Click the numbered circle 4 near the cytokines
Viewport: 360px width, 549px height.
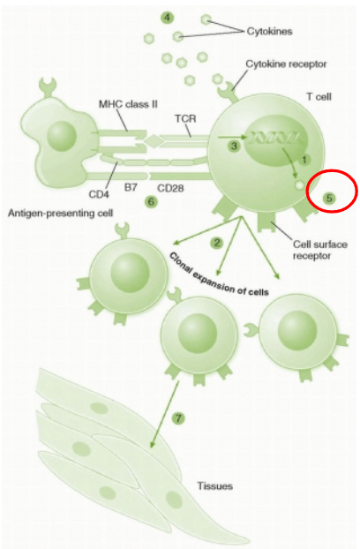coord(168,18)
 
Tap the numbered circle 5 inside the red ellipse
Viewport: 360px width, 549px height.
coord(329,198)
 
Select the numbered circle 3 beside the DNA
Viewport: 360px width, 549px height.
coord(235,146)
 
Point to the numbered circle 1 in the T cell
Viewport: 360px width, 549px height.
coord(304,160)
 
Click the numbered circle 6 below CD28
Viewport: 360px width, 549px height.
coord(151,201)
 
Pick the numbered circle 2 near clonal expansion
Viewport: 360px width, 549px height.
coord(217,243)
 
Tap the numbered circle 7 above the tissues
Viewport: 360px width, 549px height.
coord(178,418)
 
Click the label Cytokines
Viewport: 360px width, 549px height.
coord(269,31)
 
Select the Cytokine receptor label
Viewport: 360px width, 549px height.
coord(286,64)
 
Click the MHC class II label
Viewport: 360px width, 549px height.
coord(128,104)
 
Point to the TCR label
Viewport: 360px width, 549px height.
coord(185,118)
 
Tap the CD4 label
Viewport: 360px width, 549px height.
coord(99,194)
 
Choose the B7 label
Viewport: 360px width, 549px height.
coord(131,188)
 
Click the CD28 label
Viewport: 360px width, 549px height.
coord(170,188)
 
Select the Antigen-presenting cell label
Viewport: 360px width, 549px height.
coord(61,213)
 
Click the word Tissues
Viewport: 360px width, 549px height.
coord(214,486)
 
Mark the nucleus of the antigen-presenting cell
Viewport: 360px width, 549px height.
coord(62,136)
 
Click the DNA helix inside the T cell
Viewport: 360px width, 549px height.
coord(275,138)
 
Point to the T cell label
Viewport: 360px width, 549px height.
coord(319,96)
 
